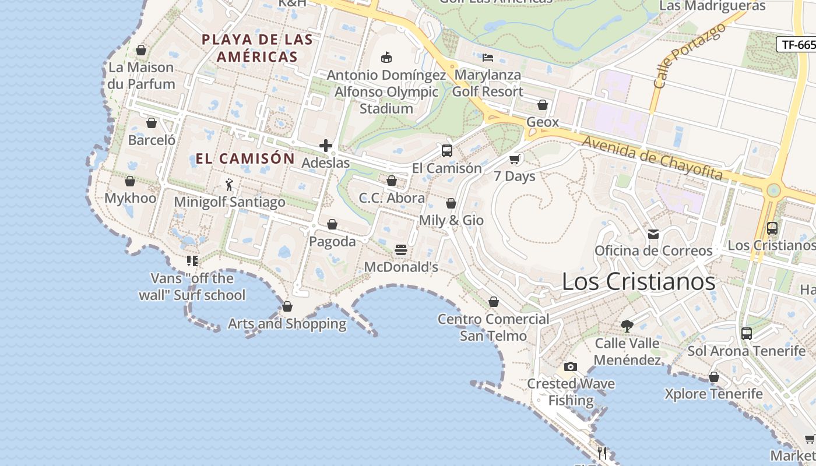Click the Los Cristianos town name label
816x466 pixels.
pos(638,282)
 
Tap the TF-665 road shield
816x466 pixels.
pos(797,45)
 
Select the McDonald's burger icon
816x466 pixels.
pos(400,250)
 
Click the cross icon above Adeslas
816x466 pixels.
pos(326,146)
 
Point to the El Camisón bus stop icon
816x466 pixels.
pos(447,151)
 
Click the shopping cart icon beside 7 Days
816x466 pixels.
pos(515,159)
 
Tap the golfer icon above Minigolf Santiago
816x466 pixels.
pos(229,185)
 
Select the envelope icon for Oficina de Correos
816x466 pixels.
pos(653,234)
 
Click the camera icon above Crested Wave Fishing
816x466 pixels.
pos(571,366)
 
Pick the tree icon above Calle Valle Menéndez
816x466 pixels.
pos(627,326)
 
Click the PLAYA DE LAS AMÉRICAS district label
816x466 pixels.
pos(257,48)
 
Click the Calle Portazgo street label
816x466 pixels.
pos(690,56)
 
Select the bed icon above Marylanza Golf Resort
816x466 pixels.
pos(488,58)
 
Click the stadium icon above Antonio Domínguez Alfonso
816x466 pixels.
pos(386,57)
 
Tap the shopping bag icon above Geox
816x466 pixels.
pos(543,105)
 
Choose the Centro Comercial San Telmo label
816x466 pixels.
pos(493,327)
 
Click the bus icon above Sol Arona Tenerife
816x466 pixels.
pos(747,334)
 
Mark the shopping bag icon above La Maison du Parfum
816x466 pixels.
pos(141,50)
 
